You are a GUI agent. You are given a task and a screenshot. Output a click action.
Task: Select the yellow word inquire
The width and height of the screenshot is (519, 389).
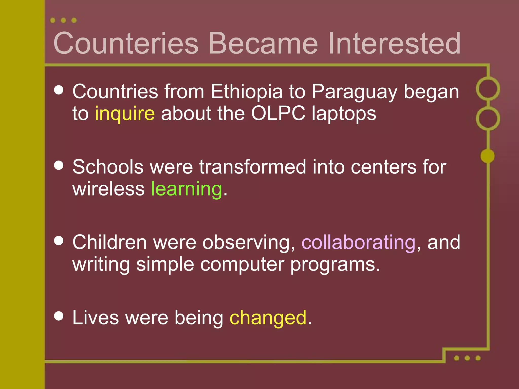[x=125, y=114]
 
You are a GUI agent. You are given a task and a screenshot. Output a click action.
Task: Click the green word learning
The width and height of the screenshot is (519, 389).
[x=187, y=189]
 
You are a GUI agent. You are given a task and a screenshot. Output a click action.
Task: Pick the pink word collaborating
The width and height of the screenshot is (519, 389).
[x=358, y=242]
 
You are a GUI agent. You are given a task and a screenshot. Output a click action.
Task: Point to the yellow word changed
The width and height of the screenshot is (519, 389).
[x=268, y=318]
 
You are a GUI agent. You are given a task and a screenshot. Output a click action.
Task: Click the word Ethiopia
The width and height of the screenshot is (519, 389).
[x=246, y=92]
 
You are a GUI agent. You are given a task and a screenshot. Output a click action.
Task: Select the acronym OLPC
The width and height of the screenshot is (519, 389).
[x=278, y=113]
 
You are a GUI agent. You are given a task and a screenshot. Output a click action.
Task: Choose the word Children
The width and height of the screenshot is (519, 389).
[x=109, y=242]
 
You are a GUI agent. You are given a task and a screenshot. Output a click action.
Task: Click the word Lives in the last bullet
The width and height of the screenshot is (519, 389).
[x=95, y=318]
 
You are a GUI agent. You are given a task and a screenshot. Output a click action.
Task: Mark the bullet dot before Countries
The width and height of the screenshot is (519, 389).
[x=59, y=90]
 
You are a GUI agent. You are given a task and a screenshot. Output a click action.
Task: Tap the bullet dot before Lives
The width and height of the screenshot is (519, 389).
[x=59, y=316]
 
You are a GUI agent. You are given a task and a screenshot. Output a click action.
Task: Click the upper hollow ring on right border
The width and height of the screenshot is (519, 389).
[x=488, y=89]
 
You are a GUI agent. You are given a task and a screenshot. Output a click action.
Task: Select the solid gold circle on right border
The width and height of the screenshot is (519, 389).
[x=488, y=156]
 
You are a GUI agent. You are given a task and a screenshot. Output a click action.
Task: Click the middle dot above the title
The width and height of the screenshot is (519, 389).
[x=63, y=20]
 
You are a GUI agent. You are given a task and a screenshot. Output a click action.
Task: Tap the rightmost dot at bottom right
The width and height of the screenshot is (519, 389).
[x=478, y=358]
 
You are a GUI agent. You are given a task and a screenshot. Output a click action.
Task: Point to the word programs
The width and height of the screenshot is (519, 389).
[x=335, y=265]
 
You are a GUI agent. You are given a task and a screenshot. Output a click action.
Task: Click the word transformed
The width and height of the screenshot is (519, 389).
[x=252, y=167]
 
